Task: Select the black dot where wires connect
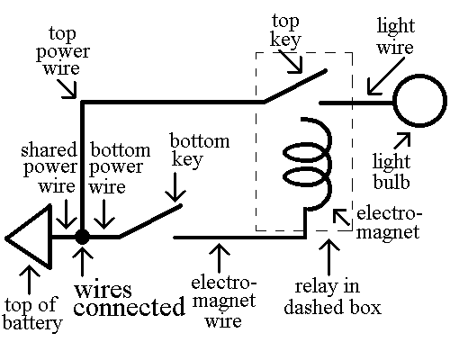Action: pos(82,238)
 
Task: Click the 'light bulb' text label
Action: pos(392,172)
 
